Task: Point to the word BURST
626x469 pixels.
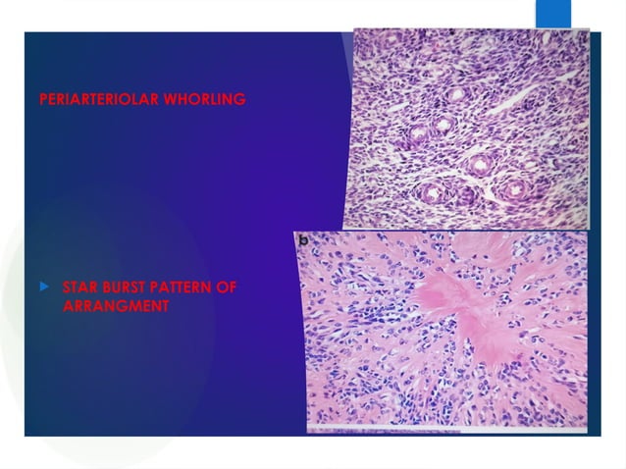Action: tap(125, 287)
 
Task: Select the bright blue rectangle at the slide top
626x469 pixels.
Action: tap(552, 14)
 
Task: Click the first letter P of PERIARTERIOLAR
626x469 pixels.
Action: tap(43, 100)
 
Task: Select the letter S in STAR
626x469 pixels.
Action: tap(66, 287)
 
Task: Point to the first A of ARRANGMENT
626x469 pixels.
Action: tap(67, 305)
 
